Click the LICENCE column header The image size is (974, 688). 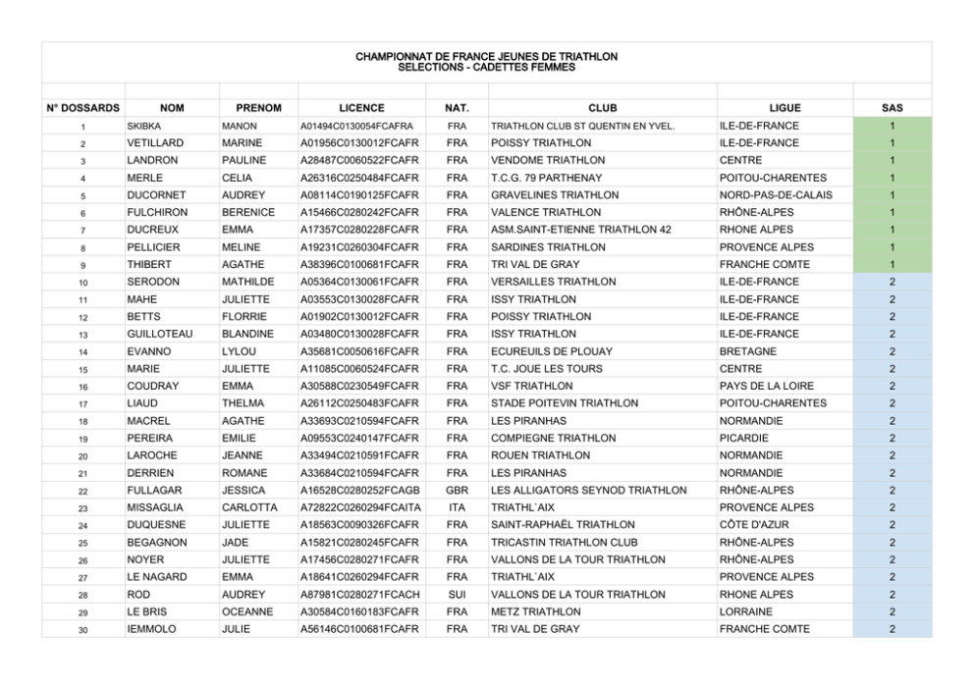point(361,108)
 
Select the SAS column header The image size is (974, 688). point(892,108)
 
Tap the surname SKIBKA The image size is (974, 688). point(144,126)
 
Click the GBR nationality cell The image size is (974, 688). point(457,490)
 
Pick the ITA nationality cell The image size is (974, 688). point(457,507)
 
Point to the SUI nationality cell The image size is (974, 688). point(457,594)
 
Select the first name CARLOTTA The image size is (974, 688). point(249,507)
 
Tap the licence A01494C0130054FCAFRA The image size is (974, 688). point(356,126)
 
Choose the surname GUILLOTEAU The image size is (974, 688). point(160,334)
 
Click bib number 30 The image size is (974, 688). point(83,630)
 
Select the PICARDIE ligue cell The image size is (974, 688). point(745,438)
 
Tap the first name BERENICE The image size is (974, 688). point(248,212)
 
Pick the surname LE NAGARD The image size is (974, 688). point(157,577)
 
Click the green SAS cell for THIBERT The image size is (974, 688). point(892,264)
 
